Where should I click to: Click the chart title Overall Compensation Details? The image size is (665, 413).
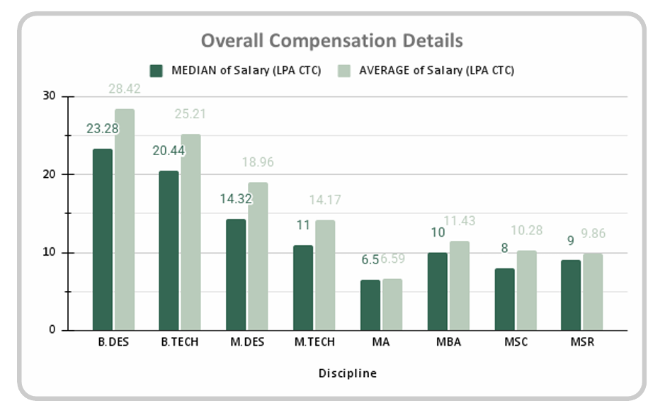coord(332,40)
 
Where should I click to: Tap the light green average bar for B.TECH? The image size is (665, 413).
coord(191,232)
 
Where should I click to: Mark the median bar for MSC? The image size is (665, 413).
coord(505,299)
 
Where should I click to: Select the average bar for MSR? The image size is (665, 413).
coord(593,292)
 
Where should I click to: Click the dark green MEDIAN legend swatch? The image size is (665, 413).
coord(157,70)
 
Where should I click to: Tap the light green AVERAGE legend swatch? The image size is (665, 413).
coord(343,70)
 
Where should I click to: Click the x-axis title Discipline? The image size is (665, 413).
coord(347,373)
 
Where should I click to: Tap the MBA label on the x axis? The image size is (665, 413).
coord(448,342)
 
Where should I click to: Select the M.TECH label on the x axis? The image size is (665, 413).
coord(314,342)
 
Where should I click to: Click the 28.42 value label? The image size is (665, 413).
coord(125,89)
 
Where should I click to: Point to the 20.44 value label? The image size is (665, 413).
coord(168,150)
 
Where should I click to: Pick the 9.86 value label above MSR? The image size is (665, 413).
coord(593,234)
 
